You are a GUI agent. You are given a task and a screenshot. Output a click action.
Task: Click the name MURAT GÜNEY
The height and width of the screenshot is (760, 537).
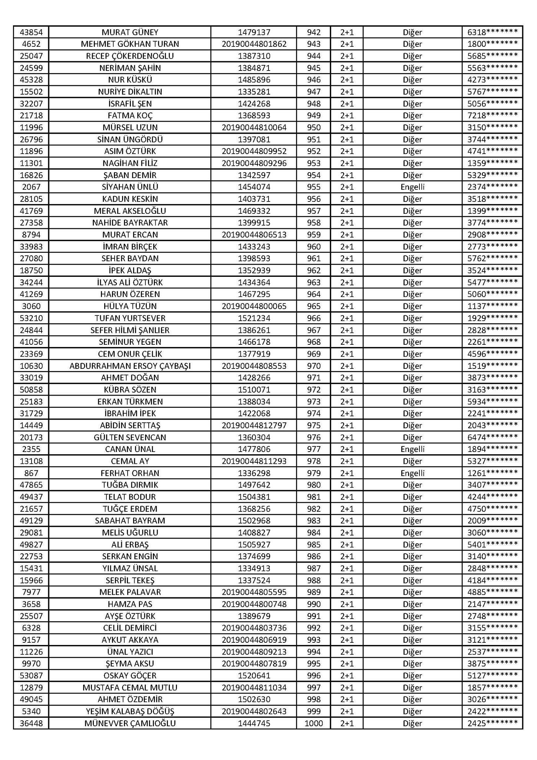pos(130,32)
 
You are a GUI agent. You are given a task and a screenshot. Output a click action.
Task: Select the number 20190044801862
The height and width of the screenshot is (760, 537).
pos(254,44)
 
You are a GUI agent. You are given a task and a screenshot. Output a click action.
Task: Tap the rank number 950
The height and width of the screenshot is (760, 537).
pos(314,128)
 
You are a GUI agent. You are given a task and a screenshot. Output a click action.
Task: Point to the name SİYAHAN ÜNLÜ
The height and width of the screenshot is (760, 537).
pos(130,187)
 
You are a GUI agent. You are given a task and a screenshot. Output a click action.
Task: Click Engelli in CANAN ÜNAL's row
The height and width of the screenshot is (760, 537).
pos(412,449)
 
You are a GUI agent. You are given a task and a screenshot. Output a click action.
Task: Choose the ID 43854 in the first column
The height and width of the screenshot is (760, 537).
pos(31,32)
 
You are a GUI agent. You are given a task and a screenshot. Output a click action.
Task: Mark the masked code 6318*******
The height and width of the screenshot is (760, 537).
pos(492,32)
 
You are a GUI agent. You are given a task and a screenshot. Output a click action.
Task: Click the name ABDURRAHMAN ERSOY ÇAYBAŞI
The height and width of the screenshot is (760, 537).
pos(130,366)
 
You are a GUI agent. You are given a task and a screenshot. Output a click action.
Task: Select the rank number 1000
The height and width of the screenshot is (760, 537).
pos(314,723)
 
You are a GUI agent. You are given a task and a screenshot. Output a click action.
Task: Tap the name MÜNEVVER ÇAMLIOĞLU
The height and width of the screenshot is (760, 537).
pos(130,723)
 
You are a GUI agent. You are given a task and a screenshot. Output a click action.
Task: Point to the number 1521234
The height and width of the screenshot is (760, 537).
pos(254,318)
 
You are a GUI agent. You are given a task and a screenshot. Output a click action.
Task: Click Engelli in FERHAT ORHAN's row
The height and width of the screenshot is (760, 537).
pos(412,473)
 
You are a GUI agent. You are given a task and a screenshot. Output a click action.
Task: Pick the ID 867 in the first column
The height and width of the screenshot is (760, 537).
pos(31,473)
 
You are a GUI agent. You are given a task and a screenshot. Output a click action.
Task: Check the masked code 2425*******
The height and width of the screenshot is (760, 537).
pos(492,723)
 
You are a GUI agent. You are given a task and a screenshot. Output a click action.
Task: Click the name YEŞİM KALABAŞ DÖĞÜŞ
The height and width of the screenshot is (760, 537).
pos(130,711)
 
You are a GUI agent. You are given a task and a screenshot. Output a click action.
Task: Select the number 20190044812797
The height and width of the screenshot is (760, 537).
pos(254,426)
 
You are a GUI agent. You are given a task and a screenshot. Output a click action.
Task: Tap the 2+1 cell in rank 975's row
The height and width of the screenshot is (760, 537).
pos(347,426)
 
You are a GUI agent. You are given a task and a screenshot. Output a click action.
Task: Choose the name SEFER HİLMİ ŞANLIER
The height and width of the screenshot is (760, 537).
pos(130,330)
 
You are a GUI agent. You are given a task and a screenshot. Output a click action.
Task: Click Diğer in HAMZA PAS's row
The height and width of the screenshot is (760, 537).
pos(412,604)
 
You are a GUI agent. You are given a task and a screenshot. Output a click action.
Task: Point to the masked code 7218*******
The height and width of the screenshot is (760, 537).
pos(492,116)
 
